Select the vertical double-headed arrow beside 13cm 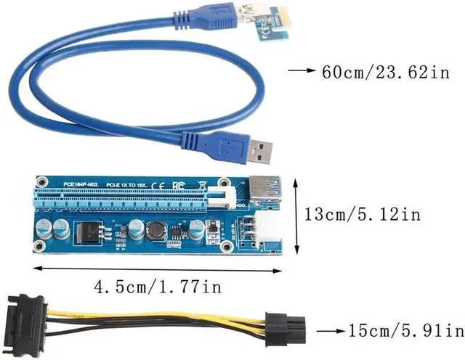tap(296, 215)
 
